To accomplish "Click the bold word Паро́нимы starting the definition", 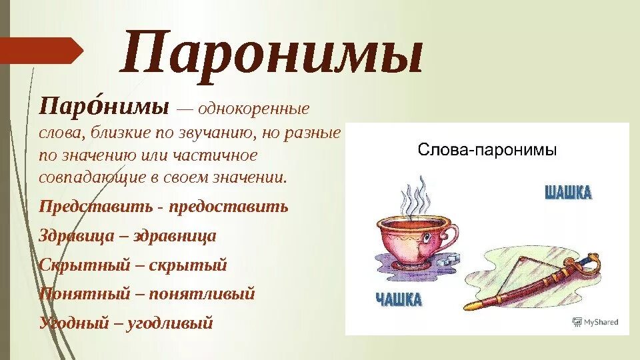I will tap(103, 107).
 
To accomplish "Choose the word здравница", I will tap(175, 235).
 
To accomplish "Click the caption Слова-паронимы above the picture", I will tap(487, 150).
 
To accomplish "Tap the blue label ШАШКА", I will tap(568, 193).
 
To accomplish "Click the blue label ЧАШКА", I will tap(397, 299).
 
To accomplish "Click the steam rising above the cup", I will tap(413, 197).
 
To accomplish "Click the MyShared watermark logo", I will tap(596, 321).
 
